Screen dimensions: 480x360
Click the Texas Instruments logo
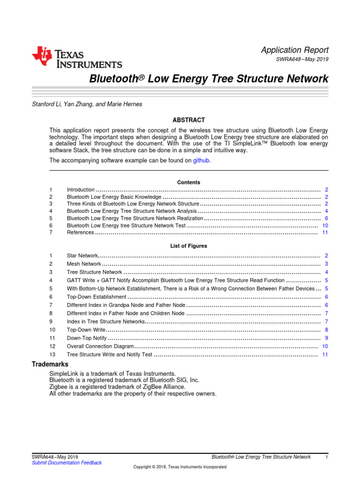tap(77, 58)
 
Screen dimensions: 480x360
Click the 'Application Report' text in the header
tap(294, 50)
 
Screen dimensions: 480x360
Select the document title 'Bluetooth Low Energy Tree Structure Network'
tap(209, 79)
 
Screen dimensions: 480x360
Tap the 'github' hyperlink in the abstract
tap(202, 160)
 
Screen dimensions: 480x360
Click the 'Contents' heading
tap(188, 182)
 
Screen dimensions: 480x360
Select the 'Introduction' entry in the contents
tap(81, 190)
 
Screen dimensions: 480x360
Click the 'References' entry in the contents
tap(81, 232)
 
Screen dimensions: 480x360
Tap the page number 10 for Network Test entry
tap(325, 225)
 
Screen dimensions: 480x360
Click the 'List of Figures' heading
tap(188, 246)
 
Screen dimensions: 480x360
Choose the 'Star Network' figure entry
tap(82, 255)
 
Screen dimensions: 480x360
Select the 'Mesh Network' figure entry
tap(83, 264)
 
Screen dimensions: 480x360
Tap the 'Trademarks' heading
tap(50, 364)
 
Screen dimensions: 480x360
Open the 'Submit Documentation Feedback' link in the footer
tap(66, 463)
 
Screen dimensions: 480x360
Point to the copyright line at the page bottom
tap(180, 467)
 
